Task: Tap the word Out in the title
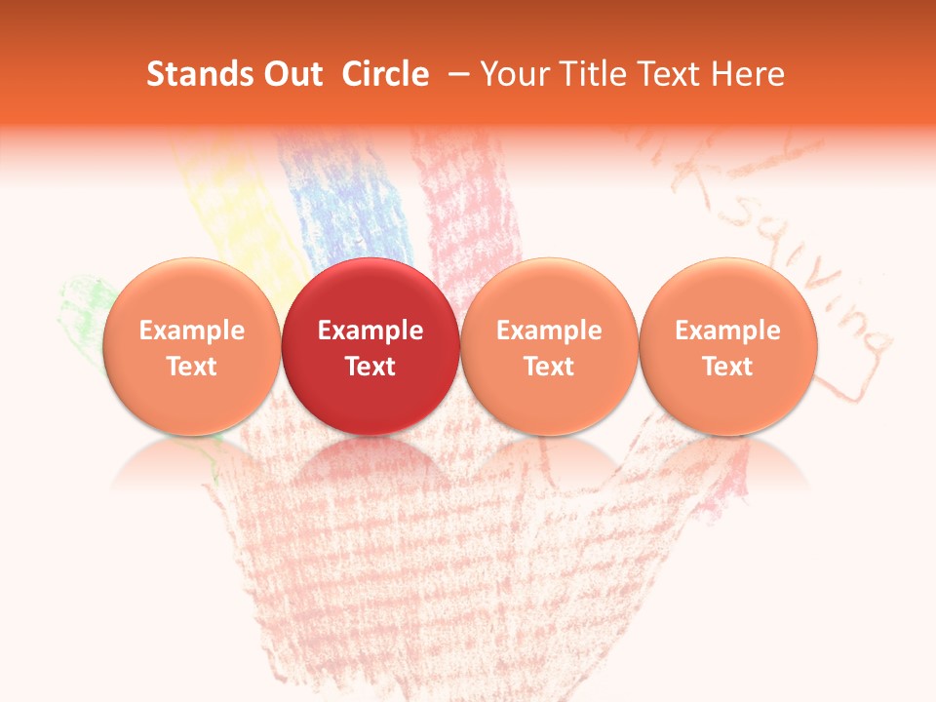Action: pyautogui.click(x=290, y=74)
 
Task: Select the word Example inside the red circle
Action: pyautogui.click(x=370, y=331)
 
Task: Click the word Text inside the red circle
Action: pyautogui.click(x=370, y=367)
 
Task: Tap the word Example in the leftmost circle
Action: pyautogui.click(x=191, y=331)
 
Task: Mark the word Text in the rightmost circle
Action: pyautogui.click(x=728, y=367)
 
